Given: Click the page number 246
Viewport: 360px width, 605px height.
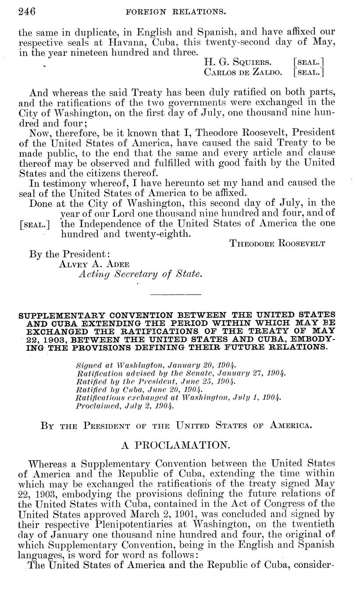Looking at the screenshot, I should [26, 11].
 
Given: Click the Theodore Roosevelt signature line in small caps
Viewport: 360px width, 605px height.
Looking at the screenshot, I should [278, 244].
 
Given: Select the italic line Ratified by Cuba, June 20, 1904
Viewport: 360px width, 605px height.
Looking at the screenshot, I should [139, 389].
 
